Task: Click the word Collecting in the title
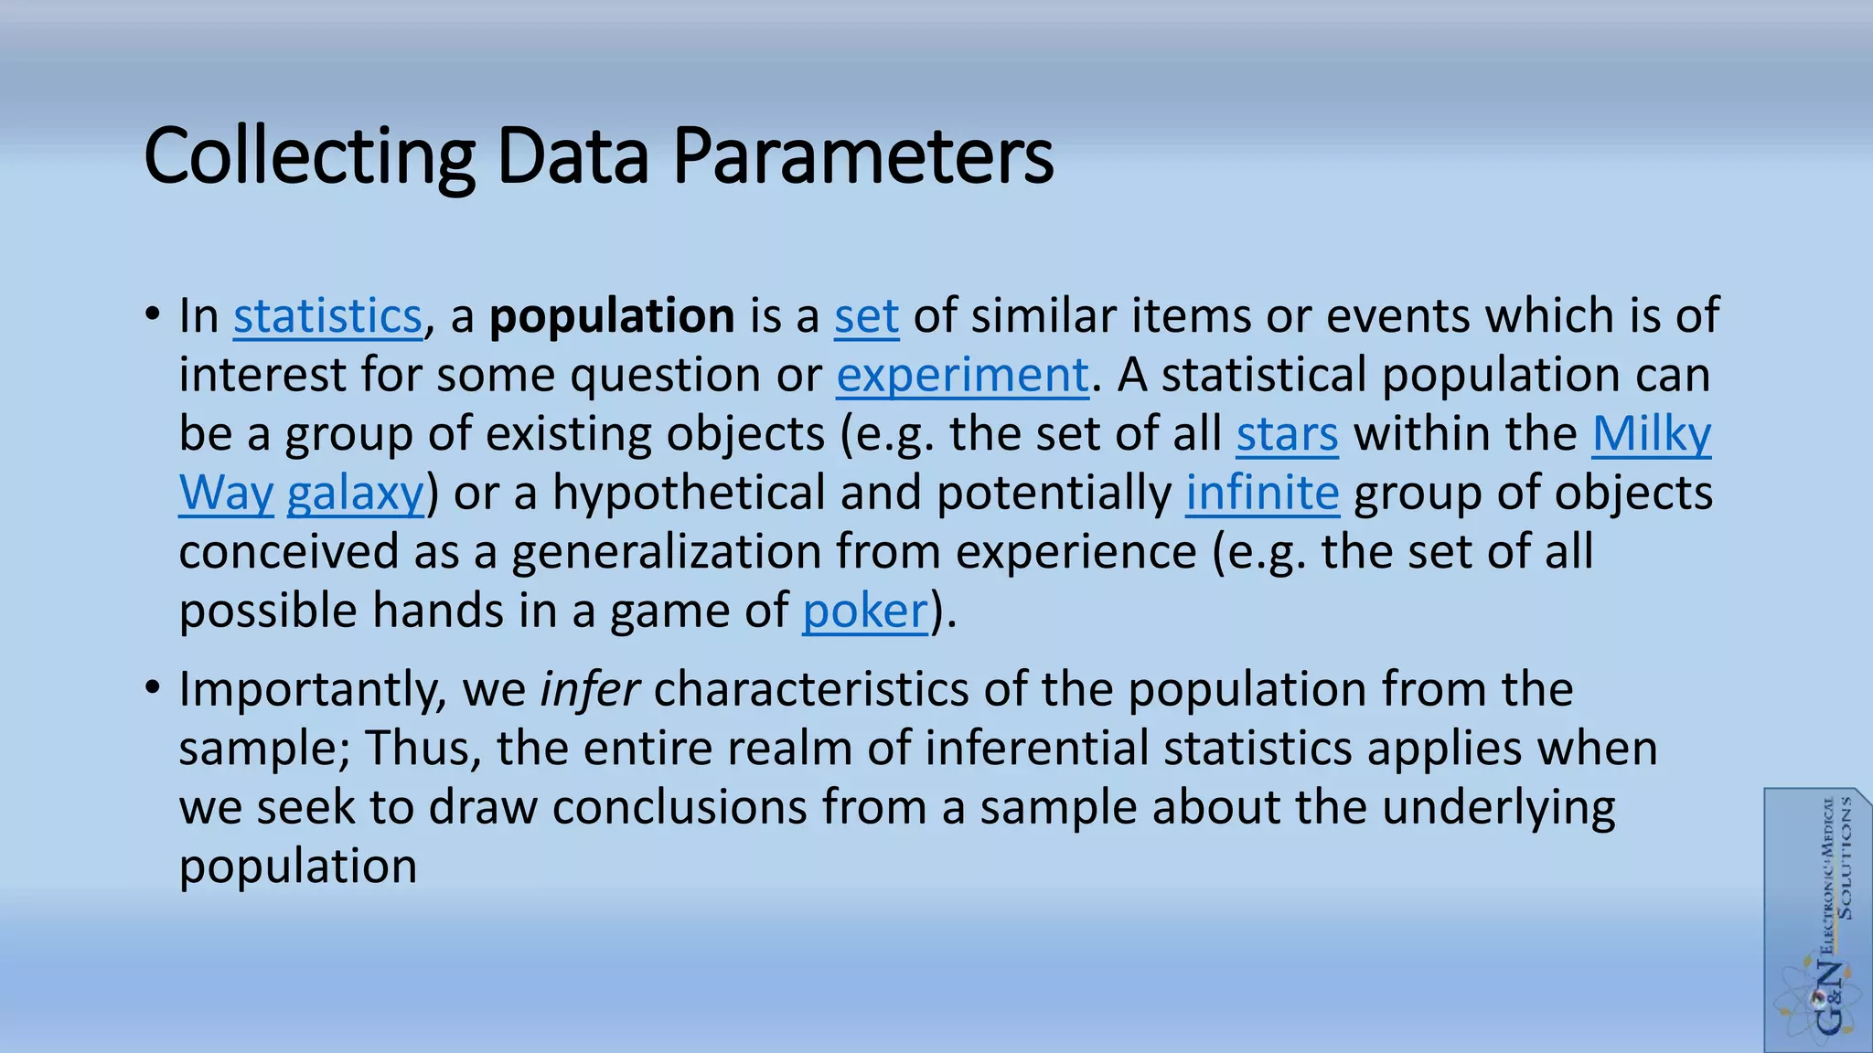(309, 157)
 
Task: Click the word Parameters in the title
(862, 157)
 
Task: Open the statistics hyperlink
(327, 316)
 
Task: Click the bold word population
(612, 316)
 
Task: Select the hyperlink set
(866, 316)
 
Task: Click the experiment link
(962, 376)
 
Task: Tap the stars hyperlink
(1287, 434)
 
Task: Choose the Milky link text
(1651, 434)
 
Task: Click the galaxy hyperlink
(355, 494)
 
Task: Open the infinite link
(1262, 494)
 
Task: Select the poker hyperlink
(865, 612)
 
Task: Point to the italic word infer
(589, 689)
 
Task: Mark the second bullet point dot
(153, 688)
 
